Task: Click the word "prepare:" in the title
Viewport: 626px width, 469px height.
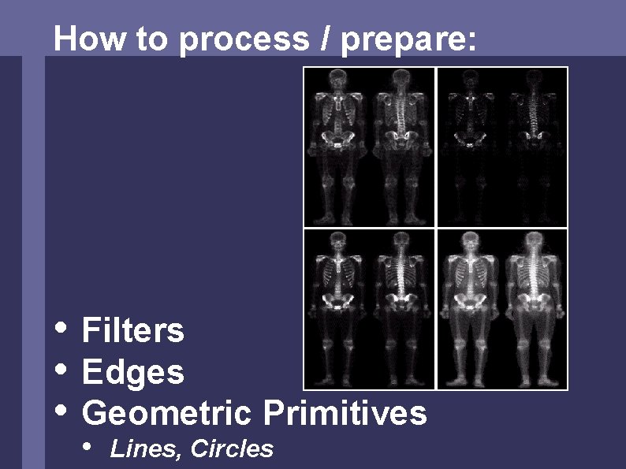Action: pos(409,39)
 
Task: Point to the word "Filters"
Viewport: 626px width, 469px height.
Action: pos(132,330)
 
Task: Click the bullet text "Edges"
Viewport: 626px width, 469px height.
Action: pos(132,372)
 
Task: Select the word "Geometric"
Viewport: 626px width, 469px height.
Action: pos(166,413)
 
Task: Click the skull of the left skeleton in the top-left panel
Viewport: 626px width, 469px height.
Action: pos(338,79)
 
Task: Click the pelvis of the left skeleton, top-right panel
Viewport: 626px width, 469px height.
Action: pos(471,140)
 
